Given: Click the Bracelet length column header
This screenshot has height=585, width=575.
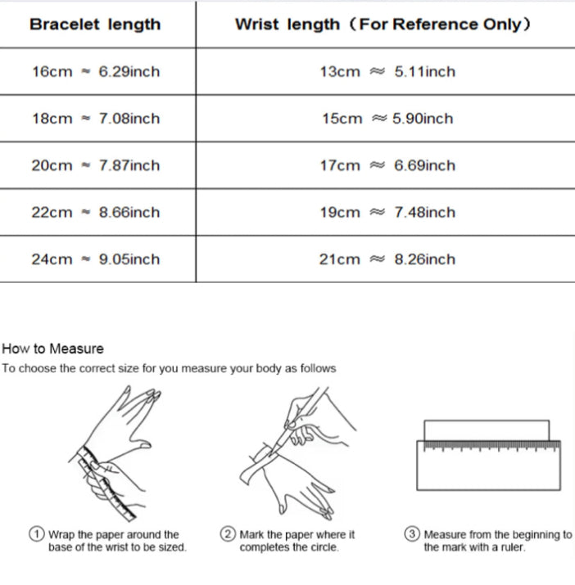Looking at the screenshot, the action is point(95,25).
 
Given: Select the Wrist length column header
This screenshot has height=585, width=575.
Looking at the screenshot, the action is point(383,25).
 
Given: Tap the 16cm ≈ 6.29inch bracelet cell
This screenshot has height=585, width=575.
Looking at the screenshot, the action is point(96,72).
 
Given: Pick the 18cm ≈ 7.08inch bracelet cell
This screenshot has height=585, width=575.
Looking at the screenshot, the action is point(96,119).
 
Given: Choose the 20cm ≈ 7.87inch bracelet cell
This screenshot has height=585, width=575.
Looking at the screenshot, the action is point(96,165).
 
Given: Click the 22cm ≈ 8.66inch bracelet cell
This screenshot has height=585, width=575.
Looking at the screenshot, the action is point(96,213).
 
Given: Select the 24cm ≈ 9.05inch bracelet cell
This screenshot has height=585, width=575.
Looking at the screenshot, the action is point(96,259).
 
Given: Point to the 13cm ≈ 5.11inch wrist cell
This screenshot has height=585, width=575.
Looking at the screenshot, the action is point(387,72).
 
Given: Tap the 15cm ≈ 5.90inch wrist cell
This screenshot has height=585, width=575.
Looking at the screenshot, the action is point(387,119).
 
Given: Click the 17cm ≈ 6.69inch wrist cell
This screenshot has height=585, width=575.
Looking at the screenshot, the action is point(387,165).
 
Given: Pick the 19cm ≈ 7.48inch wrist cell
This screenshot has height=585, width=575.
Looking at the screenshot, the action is point(387,213).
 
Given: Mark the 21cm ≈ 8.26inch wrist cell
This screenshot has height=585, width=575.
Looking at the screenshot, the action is point(387,259).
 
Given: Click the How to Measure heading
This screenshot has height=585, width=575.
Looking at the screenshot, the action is point(52,349).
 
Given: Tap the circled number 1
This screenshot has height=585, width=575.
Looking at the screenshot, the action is point(37,534).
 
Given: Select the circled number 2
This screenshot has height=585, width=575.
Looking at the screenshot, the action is point(228,534).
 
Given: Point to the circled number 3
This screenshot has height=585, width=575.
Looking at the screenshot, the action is point(412,534).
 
